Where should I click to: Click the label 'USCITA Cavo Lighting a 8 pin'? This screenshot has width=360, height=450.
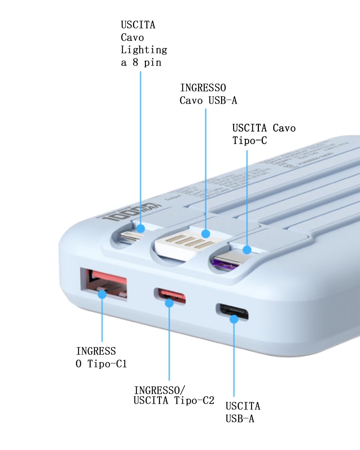(144, 43)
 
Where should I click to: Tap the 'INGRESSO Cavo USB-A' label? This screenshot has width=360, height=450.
(208, 94)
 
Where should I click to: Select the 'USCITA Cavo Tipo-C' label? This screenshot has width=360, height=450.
(264, 134)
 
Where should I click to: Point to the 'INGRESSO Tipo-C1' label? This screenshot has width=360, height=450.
(101, 357)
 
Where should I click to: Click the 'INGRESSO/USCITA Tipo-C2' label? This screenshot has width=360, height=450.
(174, 395)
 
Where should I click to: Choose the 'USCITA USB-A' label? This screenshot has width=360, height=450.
(243, 412)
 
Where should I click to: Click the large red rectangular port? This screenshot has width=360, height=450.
(103, 283)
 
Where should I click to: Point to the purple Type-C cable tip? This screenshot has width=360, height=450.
(226, 263)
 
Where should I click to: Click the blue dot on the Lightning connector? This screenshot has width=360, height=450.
(140, 229)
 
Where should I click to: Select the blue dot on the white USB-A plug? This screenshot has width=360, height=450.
(205, 234)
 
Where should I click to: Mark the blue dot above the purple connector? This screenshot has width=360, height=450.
(247, 250)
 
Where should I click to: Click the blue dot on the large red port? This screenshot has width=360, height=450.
(102, 294)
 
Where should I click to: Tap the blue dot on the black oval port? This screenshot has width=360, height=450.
(234, 319)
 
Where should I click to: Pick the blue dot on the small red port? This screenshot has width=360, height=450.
(169, 303)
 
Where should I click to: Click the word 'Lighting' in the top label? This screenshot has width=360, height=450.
(144, 50)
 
